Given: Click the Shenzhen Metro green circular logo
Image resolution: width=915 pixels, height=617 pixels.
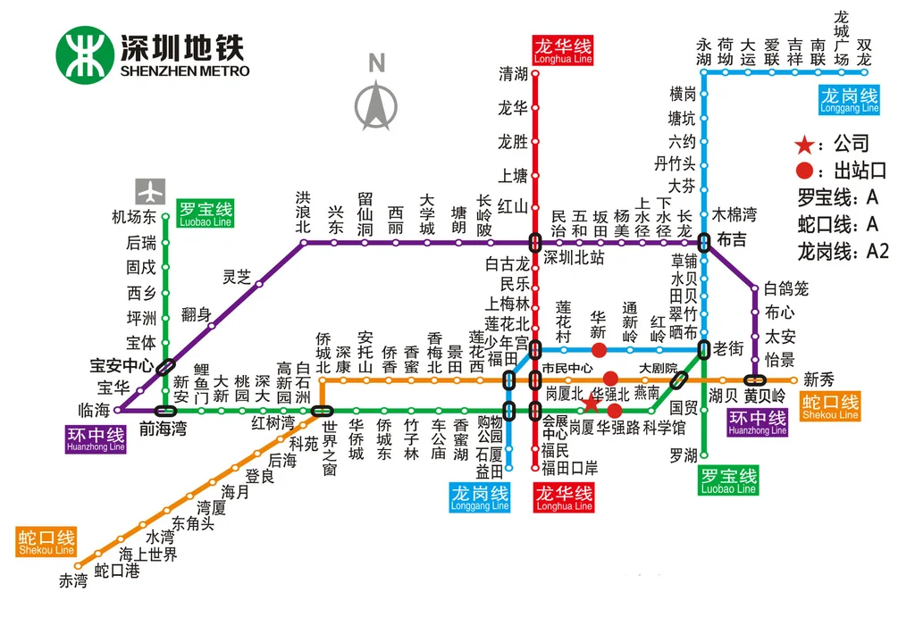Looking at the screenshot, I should (x=85, y=54).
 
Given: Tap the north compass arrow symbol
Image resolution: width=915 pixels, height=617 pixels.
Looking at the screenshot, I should (x=377, y=103).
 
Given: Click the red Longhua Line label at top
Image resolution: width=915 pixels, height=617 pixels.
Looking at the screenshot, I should (x=563, y=51).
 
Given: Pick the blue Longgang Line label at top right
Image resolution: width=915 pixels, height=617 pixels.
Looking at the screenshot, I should (x=850, y=100).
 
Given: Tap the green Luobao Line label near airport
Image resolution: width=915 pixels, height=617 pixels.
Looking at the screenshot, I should (x=205, y=214).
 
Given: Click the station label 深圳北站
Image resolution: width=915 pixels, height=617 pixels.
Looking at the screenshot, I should (x=575, y=257).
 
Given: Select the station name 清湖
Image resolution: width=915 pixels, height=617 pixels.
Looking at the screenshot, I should (x=513, y=75).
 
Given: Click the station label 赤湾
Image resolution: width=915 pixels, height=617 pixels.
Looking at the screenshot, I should (x=74, y=581).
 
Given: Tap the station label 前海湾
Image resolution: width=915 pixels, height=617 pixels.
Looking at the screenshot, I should (x=163, y=429).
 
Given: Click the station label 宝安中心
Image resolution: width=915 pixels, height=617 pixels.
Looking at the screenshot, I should (x=122, y=365).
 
